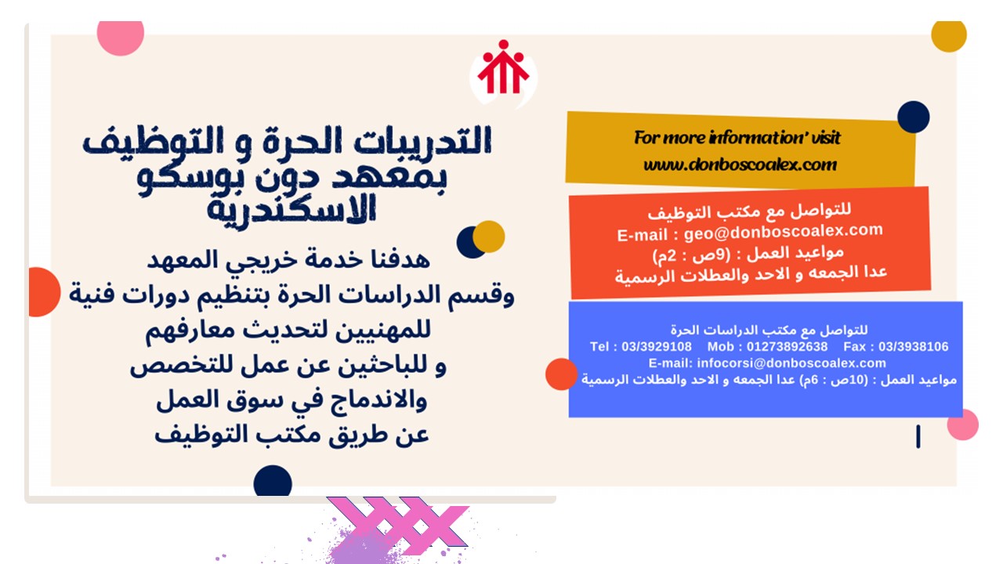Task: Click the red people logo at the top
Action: (503, 67)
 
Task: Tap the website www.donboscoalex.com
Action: (740, 164)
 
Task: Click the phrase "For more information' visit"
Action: (737, 137)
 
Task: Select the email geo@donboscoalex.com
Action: (783, 231)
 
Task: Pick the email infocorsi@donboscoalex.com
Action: (791, 363)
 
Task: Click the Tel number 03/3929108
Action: (657, 346)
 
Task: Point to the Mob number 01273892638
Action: (787, 346)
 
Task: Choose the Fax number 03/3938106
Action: (914, 346)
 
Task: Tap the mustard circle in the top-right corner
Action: (949, 36)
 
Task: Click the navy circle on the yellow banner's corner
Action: (914, 117)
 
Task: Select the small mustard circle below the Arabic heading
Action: (489, 237)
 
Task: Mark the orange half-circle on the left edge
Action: (44, 292)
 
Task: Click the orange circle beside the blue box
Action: (561, 374)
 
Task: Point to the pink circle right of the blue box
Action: (963, 425)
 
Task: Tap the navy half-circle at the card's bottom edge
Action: (273, 481)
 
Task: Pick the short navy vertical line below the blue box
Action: (918, 436)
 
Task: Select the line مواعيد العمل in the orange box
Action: (748, 254)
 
